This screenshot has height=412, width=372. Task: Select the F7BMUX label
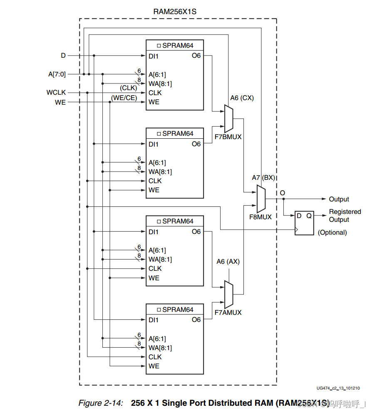tap(228, 137)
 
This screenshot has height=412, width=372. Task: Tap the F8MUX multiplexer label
tap(260, 217)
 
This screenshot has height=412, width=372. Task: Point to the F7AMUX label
tap(228, 312)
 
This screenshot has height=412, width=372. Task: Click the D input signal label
tap(63, 55)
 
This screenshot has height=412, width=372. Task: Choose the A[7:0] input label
tap(57, 74)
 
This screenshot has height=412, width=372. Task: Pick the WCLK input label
tap(56, 92)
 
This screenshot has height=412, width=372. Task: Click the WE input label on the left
tap(60, 102)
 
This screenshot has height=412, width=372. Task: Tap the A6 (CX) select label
tap(242, 98)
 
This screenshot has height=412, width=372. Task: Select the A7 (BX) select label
tap(263, 177)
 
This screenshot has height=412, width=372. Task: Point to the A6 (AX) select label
tap(228, 262)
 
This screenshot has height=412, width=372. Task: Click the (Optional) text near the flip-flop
tap(332, 233)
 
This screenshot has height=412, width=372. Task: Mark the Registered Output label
tap(345, 216)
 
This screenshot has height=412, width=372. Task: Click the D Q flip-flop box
tap(305, 223)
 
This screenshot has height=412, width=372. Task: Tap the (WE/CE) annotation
tap(124, 98)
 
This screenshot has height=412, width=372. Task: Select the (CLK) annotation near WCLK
tap(129, 88)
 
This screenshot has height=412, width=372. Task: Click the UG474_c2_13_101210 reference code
tap(338, 388)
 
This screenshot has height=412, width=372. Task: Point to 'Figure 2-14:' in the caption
tap(101, 403)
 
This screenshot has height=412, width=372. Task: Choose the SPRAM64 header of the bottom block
tap(175, 309)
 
